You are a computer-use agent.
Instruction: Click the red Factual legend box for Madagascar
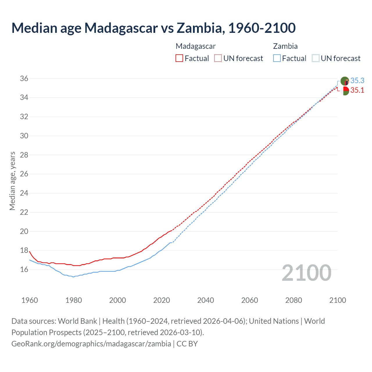(x=179, y=58)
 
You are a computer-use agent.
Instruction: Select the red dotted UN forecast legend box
(x=218, y=58)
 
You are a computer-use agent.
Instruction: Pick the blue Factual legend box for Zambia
(x=277, y=58)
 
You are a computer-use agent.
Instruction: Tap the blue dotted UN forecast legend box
(x=315, y=58)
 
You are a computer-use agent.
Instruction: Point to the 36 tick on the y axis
(x=24, y=78)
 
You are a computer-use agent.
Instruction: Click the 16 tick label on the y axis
(x=24, y=269)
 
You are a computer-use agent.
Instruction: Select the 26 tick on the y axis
(x=24, y=174)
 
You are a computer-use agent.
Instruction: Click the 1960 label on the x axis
(x=30, y=300)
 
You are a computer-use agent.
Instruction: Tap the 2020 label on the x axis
(x=162, y=300)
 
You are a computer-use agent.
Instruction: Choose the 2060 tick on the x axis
(x=250, y=300)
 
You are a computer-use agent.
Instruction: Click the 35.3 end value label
(x=357, y=81)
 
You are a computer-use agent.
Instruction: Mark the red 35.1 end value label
(x=357, y=90)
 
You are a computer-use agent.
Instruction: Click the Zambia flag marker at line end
(x=345, y=81)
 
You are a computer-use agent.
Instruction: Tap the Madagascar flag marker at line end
(x=345, y=91)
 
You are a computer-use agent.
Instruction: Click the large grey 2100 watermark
(x=307, y=273)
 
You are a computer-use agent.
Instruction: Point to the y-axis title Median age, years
(x=12, y=181)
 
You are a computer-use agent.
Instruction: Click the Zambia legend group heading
(x=285, y=46)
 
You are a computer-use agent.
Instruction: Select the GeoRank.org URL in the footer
(x=91, y=344)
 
